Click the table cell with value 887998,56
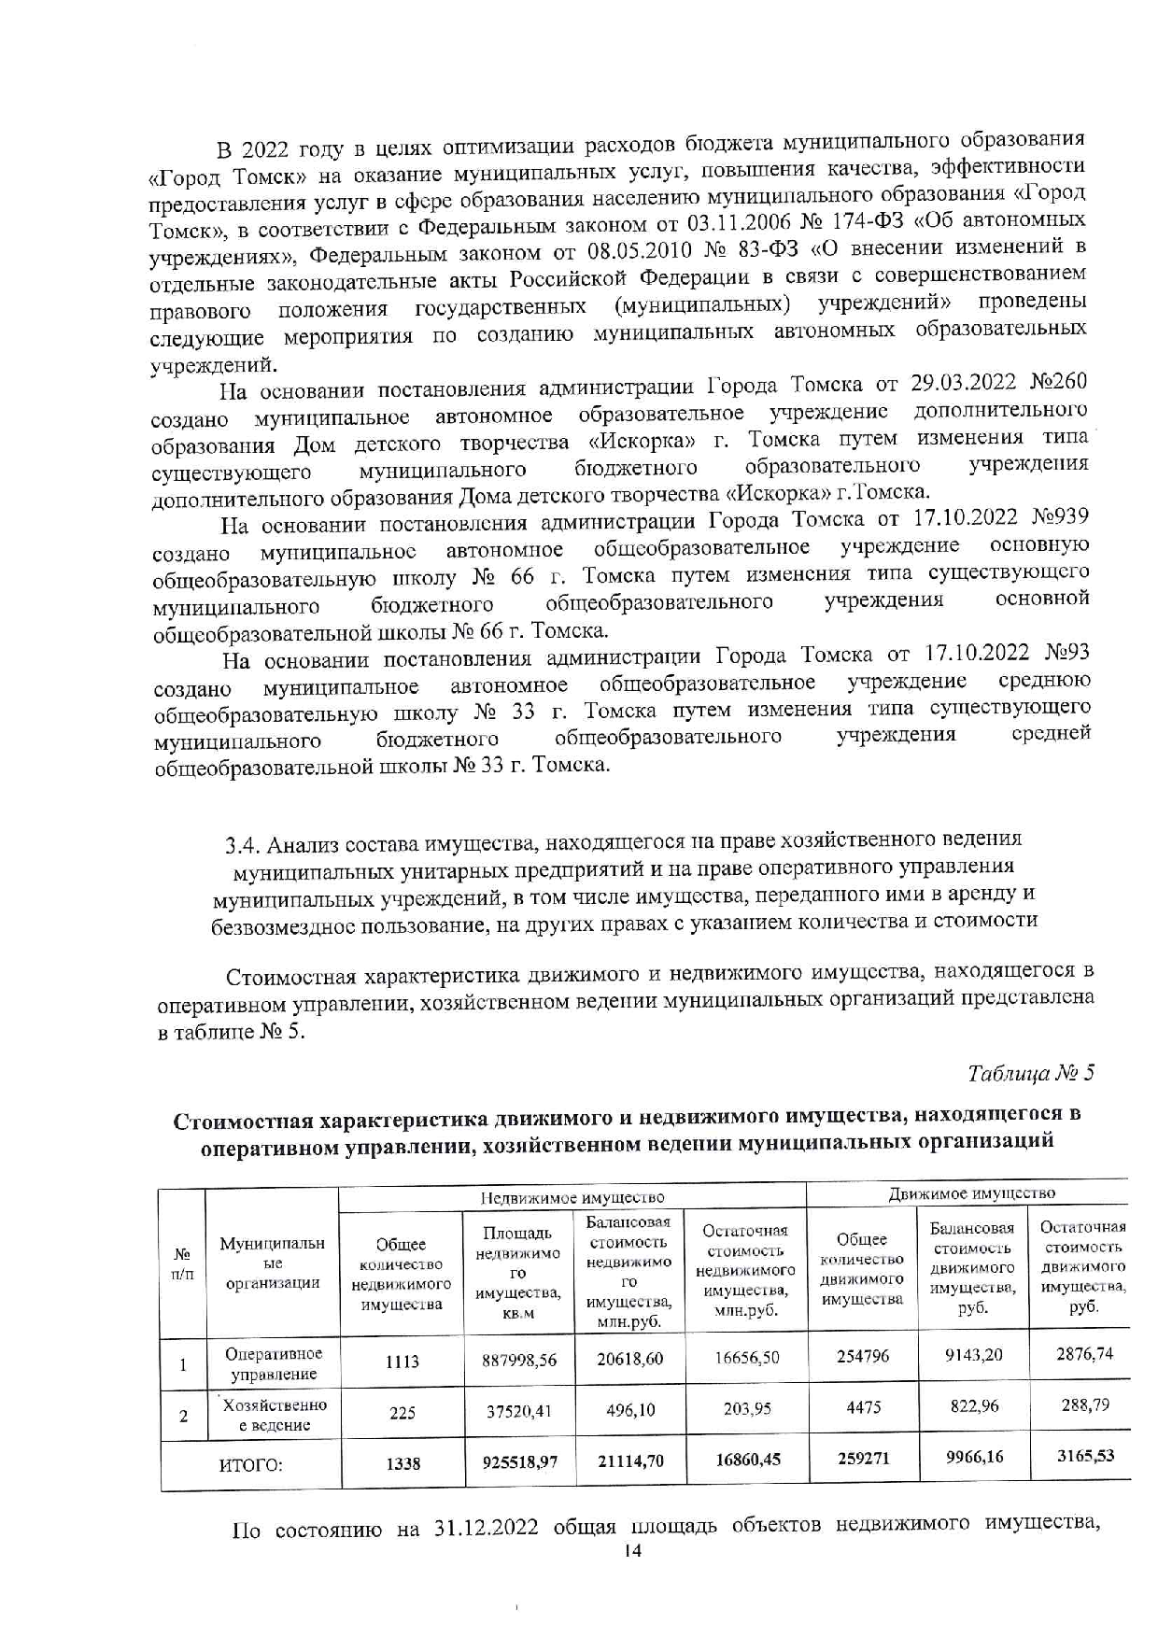coord(519,1360)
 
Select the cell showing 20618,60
coord(630,1359)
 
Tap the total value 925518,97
coord(519,1461)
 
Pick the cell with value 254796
coord(863,1355)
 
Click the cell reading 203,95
coord(747,1408)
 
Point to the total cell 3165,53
coord(1084,1455)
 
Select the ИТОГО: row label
coord(250,1464)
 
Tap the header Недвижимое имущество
coord(572,1197)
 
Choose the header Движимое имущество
coord(971,1192)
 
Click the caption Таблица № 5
coord(1030,1072)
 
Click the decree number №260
coord(1056,383)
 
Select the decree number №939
coord(1059,516)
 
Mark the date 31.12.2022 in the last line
coord(486,1528)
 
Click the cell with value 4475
coord(863,1407)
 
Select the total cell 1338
coord(402,1464)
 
